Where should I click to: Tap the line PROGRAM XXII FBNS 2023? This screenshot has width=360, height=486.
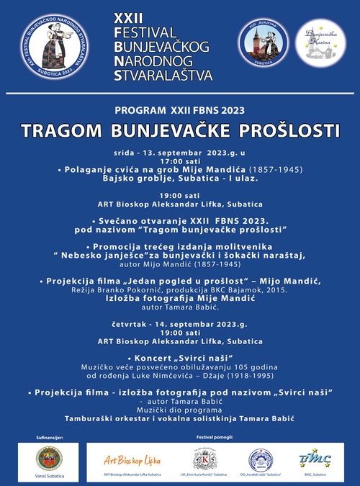pos(180,110)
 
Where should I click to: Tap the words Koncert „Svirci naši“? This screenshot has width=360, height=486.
pos(180,358)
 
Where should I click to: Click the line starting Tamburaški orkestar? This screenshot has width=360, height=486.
pos(180,418)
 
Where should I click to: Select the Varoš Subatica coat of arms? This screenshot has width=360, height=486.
pos(49,459)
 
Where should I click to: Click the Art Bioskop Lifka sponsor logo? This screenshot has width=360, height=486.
pos(132,460)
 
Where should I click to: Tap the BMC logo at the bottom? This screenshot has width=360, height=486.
pos(315,458)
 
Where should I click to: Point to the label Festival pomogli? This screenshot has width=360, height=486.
pos(217,437)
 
